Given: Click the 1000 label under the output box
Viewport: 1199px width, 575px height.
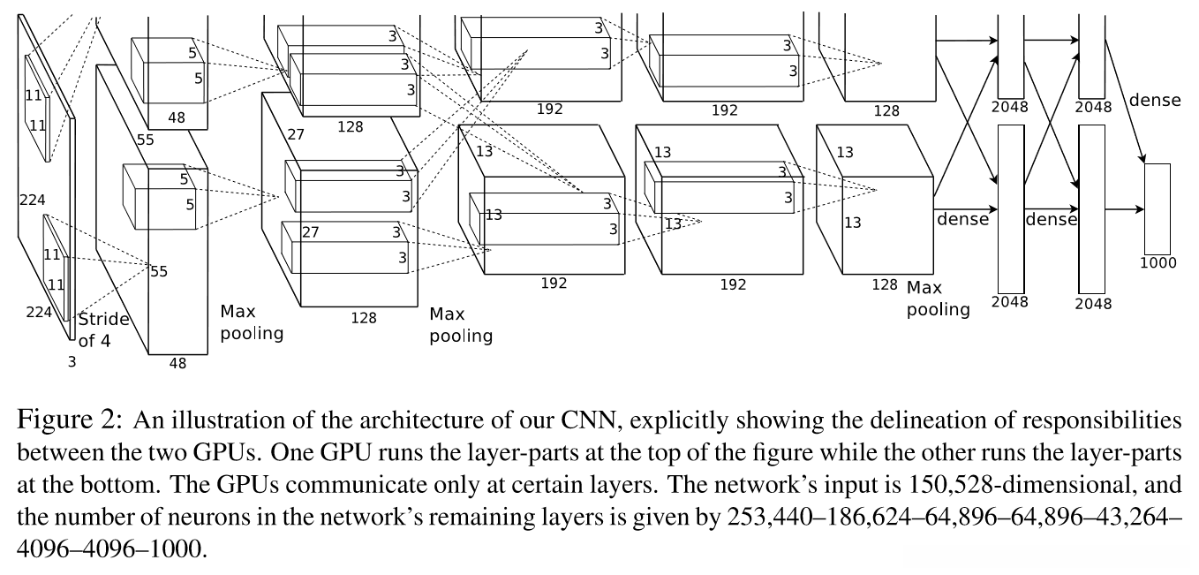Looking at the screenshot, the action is [x=1158, y=263].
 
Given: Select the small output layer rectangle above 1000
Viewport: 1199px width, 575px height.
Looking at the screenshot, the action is [x=1158, y=208].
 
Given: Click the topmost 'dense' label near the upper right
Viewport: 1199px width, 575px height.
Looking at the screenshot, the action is [x=1155, y=100].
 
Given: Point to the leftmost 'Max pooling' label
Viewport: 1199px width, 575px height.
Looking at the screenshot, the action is [x=252, y=322].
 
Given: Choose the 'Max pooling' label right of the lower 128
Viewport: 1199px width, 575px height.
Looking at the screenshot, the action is [x=938, y=299].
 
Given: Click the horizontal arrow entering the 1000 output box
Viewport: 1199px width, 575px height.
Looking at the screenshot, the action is [x=1125, y=209].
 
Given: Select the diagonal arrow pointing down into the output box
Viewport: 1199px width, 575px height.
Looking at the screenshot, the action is [x=1125, y=102].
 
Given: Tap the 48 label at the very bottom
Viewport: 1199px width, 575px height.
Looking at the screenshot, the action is [x=177, y=364].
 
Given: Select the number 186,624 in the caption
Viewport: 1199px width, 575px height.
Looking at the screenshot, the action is [x=870, y=518].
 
